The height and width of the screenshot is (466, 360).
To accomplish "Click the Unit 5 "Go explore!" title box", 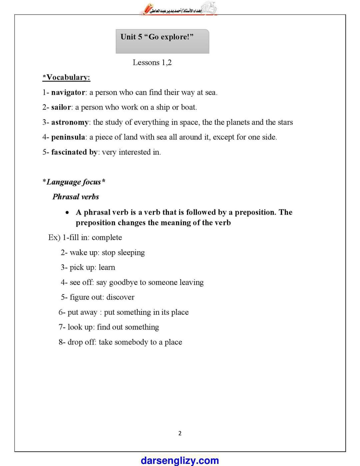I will [162, 41].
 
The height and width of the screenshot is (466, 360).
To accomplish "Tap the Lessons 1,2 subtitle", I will [152, 62].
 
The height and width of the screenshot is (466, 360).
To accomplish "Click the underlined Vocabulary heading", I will [67, 77].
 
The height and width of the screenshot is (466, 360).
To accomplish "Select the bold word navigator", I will [68, 92].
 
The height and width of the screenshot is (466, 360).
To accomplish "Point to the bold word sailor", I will [61, 107].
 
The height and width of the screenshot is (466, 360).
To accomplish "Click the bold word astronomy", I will [70, 122].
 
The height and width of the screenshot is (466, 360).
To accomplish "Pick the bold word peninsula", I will [68, 137].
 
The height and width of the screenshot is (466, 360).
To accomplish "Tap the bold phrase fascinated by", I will [74, 152].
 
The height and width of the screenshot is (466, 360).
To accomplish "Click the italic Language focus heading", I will [74, 182].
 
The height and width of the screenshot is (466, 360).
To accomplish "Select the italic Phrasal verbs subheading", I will [76, 197].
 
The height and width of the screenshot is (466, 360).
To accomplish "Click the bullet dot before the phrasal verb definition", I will [68, 212].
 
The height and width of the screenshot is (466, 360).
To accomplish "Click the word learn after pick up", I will [107, 268].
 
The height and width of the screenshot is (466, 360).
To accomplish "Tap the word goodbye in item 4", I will [123, 283].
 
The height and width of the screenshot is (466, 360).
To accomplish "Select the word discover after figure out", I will [120, 297].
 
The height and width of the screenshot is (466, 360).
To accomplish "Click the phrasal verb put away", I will [82, 312].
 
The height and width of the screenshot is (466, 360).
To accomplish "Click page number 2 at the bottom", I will [180, 433].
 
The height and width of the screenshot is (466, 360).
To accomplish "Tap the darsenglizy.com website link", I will [180, 460].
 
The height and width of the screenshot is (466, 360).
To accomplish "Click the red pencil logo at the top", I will [147, 9].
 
